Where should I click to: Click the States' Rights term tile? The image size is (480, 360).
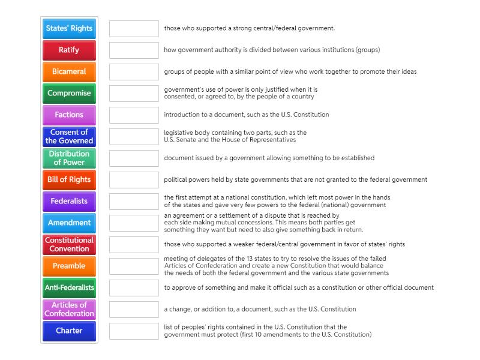click(69, 28)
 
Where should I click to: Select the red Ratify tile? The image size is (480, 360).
click(69, 50)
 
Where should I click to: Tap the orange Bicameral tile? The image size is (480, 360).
click(69, 71)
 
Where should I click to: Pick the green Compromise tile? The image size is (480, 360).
click(69, 93)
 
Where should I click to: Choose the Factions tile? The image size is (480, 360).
click(69, 115)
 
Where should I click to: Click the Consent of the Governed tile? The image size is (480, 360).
click(69, 136)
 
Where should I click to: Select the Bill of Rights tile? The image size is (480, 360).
click(69, 179)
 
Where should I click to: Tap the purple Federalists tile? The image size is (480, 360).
click(69, 201)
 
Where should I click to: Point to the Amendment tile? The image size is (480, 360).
click(69, 223)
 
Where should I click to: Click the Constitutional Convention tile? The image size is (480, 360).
click(69, 244)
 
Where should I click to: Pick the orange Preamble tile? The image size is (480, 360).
click(69, 266)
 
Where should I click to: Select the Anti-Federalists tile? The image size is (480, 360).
click(69, 287)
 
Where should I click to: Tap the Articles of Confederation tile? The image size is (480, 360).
click(69, 309)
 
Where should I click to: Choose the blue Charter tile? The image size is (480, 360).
click(69, 331)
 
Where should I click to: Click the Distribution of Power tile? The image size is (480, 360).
click(69, 158)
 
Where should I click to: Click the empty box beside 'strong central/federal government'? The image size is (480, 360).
click(134, 28)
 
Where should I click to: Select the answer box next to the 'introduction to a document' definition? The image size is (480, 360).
click(134, 115)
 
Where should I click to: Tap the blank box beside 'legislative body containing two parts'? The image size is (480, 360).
click(134, 136)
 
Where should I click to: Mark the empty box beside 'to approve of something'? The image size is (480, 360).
click(134, 287)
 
